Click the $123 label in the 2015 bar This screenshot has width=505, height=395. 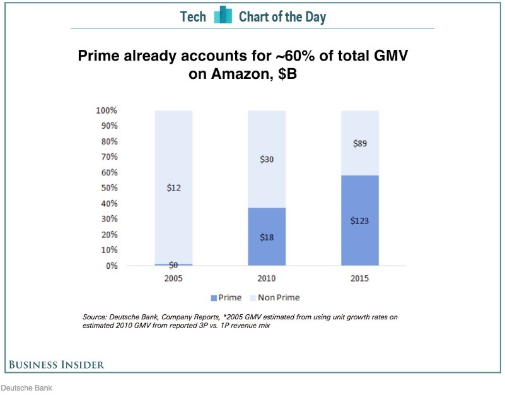[360, 221]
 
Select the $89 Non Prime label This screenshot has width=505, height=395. [360, 144]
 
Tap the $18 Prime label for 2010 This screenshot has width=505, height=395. [267, 237]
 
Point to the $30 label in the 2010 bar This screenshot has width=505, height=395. [267, 160]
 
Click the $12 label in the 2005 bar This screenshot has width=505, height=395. [173, 187]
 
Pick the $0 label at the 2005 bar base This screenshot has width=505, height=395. [173, 266]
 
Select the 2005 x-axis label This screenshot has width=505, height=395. [173, 278]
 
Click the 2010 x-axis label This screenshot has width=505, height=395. [267, 278]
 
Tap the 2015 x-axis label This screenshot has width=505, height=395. [360, 278]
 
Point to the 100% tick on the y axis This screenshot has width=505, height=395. [106, 110]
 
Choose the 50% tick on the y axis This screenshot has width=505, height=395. [108, 188]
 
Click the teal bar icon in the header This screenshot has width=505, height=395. [223, 16]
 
